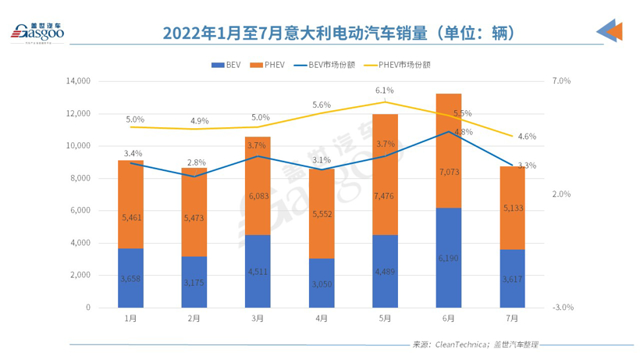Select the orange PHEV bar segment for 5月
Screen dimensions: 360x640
coord(385,174)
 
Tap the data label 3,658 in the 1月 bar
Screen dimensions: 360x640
coord(131,278)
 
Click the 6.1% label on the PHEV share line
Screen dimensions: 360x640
coord(385,91)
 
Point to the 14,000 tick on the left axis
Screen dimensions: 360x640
coord(79,81)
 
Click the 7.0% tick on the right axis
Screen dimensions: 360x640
coord(561,81)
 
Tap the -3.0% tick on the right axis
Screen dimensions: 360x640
coord(561,308)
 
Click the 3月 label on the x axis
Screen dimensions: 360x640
coord(258,319)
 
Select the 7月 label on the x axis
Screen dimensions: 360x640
coord(511,319)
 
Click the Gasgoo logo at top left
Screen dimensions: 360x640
coord(37,32)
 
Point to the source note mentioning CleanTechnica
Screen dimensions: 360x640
coord(476,344)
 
